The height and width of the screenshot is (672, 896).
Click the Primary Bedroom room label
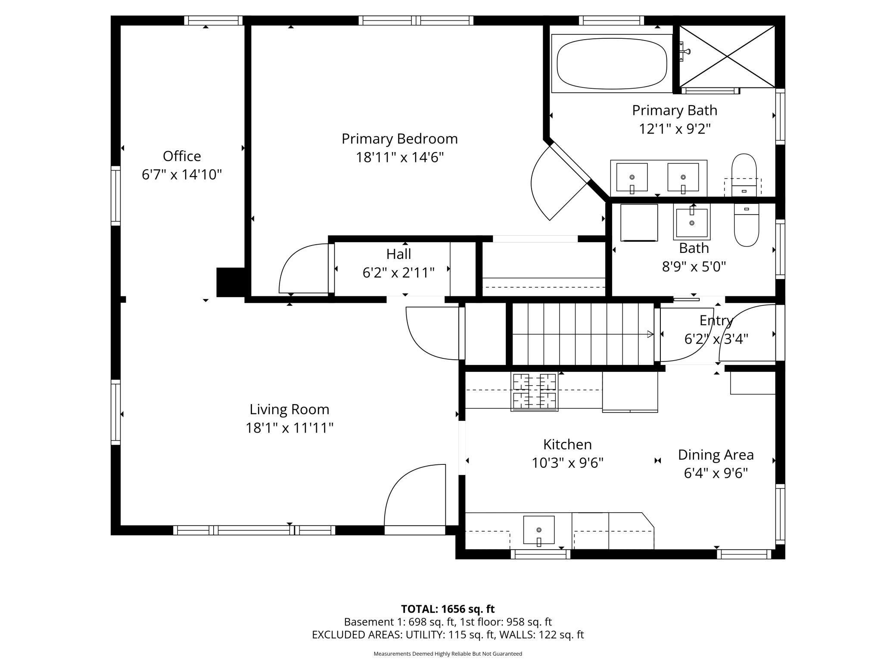coord(399,139)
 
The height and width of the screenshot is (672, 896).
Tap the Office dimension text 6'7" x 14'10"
coord(182,174)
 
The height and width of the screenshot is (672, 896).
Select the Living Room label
coord(289,409)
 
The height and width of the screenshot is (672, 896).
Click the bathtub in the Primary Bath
coord(612,64)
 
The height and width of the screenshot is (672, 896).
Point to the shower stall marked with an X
coord(727,56)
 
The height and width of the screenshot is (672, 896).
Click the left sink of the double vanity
coord(632,177)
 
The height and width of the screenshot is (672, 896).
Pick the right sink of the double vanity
coord(683,177)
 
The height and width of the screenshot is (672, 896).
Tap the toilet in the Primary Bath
coord(744,175)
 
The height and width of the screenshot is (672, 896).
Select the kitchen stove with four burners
coord(534,392)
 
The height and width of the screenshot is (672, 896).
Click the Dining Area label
coord(716,455)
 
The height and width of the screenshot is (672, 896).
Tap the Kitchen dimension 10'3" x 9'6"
coord(567,463)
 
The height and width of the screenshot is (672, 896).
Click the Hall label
coord(398,254)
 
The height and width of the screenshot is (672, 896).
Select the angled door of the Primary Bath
coord(560,181)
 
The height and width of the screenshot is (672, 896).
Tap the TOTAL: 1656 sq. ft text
coord(448,609)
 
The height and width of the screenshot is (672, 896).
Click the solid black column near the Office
coord(231,282)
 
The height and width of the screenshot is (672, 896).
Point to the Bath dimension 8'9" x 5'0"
coord(694,267)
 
